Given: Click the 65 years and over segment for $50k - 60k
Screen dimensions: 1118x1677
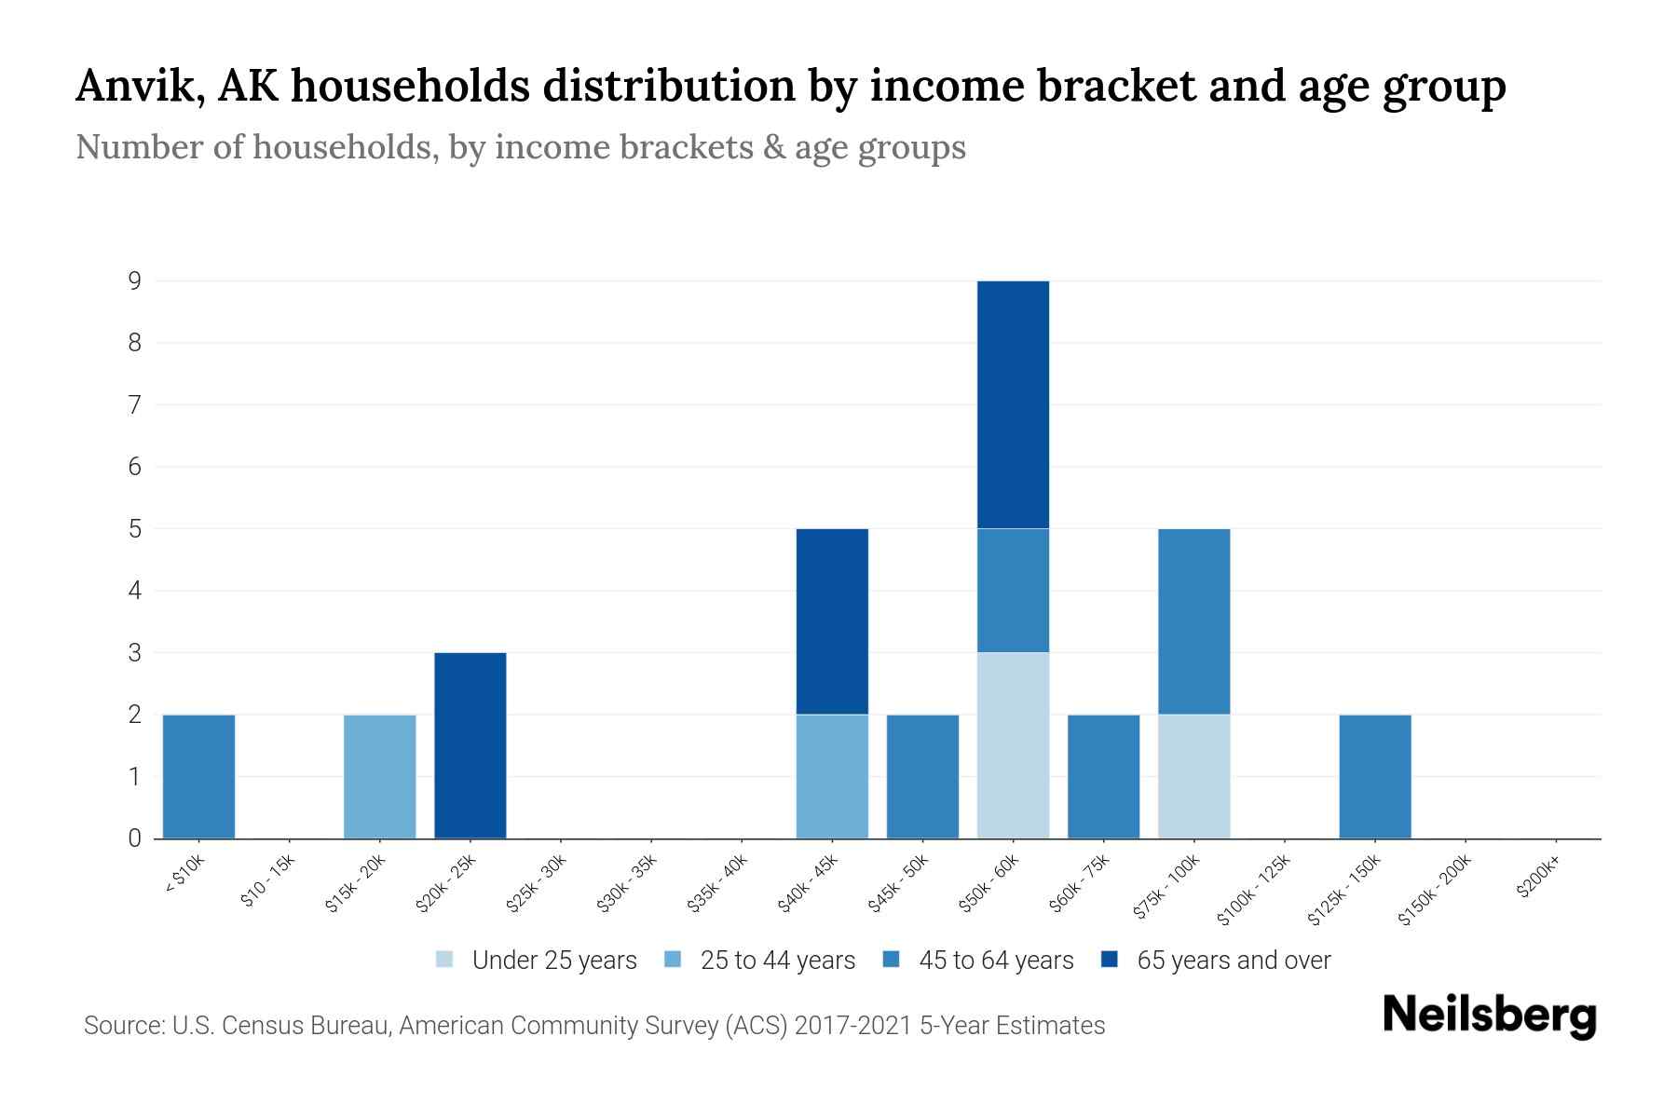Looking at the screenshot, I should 1013,404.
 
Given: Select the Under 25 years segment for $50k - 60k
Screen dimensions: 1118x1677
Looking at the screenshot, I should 1013,745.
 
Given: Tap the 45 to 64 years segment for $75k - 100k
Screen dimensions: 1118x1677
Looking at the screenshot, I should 1193,621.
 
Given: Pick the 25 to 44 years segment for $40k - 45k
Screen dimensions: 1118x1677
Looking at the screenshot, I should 832,776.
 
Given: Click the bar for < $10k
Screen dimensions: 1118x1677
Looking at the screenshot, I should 198,776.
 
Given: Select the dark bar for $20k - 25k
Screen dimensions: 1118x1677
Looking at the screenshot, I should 470,745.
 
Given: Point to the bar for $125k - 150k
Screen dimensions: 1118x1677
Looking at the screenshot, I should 1375,776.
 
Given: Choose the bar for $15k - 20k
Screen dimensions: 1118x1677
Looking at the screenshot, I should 380,776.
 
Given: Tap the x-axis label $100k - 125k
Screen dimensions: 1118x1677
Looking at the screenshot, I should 1255,891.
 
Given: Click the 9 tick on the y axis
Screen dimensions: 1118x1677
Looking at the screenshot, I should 135,280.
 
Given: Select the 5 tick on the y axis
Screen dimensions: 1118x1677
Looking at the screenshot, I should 135,528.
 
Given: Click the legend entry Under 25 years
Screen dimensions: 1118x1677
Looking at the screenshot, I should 553,961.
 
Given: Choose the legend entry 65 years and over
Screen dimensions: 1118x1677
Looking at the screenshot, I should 1233,961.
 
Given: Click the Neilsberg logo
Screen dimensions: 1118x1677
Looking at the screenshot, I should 1489,1016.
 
